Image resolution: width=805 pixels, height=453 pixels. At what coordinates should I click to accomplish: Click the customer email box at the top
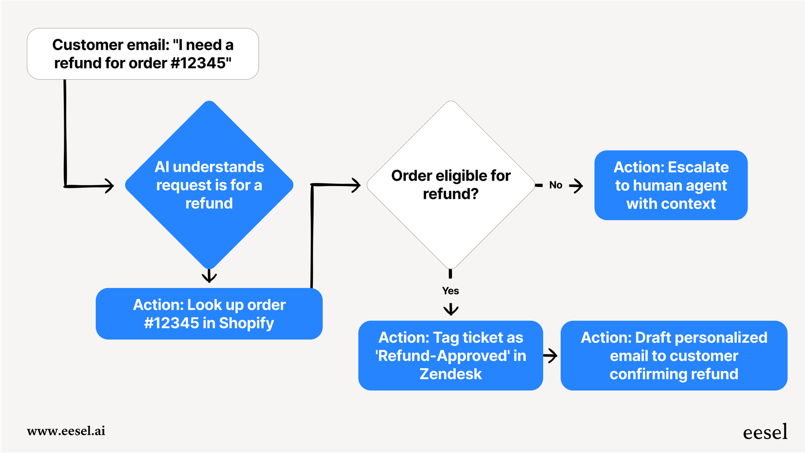pos(143,54)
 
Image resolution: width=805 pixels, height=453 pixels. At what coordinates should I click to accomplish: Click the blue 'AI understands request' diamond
pos(209,185)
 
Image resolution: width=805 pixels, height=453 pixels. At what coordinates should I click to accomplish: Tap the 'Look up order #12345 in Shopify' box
pos(209,314)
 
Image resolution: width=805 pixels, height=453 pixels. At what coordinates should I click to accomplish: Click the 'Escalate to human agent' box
pos(671,185)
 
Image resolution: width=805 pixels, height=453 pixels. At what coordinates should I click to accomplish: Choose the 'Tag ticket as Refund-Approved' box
pos(450,356)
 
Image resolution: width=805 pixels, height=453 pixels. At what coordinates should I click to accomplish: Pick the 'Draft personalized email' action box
pos(674,356)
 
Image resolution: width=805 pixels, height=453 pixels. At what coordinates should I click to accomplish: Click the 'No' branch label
pos(555,185)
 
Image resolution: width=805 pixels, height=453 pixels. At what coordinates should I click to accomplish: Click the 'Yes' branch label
pos(450,291)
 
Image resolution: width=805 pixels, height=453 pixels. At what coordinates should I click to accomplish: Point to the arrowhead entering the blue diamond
pos(110,186)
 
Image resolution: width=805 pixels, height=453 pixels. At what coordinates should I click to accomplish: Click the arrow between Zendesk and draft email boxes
pos(551,356)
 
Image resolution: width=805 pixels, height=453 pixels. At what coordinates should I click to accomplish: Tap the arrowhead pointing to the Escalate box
pos(577,186)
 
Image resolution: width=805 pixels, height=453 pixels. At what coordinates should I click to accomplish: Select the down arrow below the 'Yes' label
pos(450,310)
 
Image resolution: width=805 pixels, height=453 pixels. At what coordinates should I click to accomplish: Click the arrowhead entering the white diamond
pos(356,185)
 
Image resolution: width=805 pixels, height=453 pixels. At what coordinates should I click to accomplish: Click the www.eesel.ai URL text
pos(66,431)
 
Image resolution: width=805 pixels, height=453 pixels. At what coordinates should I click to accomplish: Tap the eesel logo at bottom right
pos(765,432)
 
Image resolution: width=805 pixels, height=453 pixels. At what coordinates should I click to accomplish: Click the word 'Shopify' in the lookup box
pos(246,324)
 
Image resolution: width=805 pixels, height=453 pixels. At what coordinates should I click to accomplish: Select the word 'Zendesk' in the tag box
pos(450,374)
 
